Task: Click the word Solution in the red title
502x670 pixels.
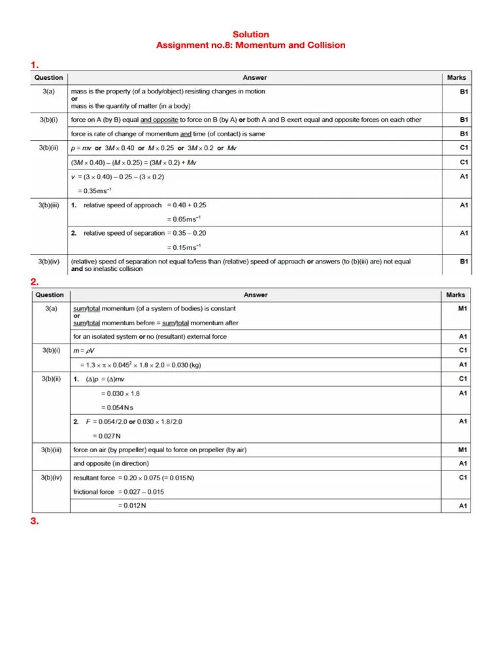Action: [251, 34]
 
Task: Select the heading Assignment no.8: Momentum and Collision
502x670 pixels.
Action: [251, 45]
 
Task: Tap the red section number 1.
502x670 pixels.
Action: [35, 65]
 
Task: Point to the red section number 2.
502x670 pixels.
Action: [35, 282]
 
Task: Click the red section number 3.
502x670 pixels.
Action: [35, 521]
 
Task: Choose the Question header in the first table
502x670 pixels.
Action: [49, 78]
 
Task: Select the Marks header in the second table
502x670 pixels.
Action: [456, 295]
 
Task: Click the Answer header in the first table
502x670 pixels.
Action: [255, 78]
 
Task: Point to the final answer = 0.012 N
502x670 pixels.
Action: [131, 506]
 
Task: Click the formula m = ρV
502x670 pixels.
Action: [84, 351]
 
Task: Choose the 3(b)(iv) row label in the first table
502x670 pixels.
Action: [49, 262]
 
